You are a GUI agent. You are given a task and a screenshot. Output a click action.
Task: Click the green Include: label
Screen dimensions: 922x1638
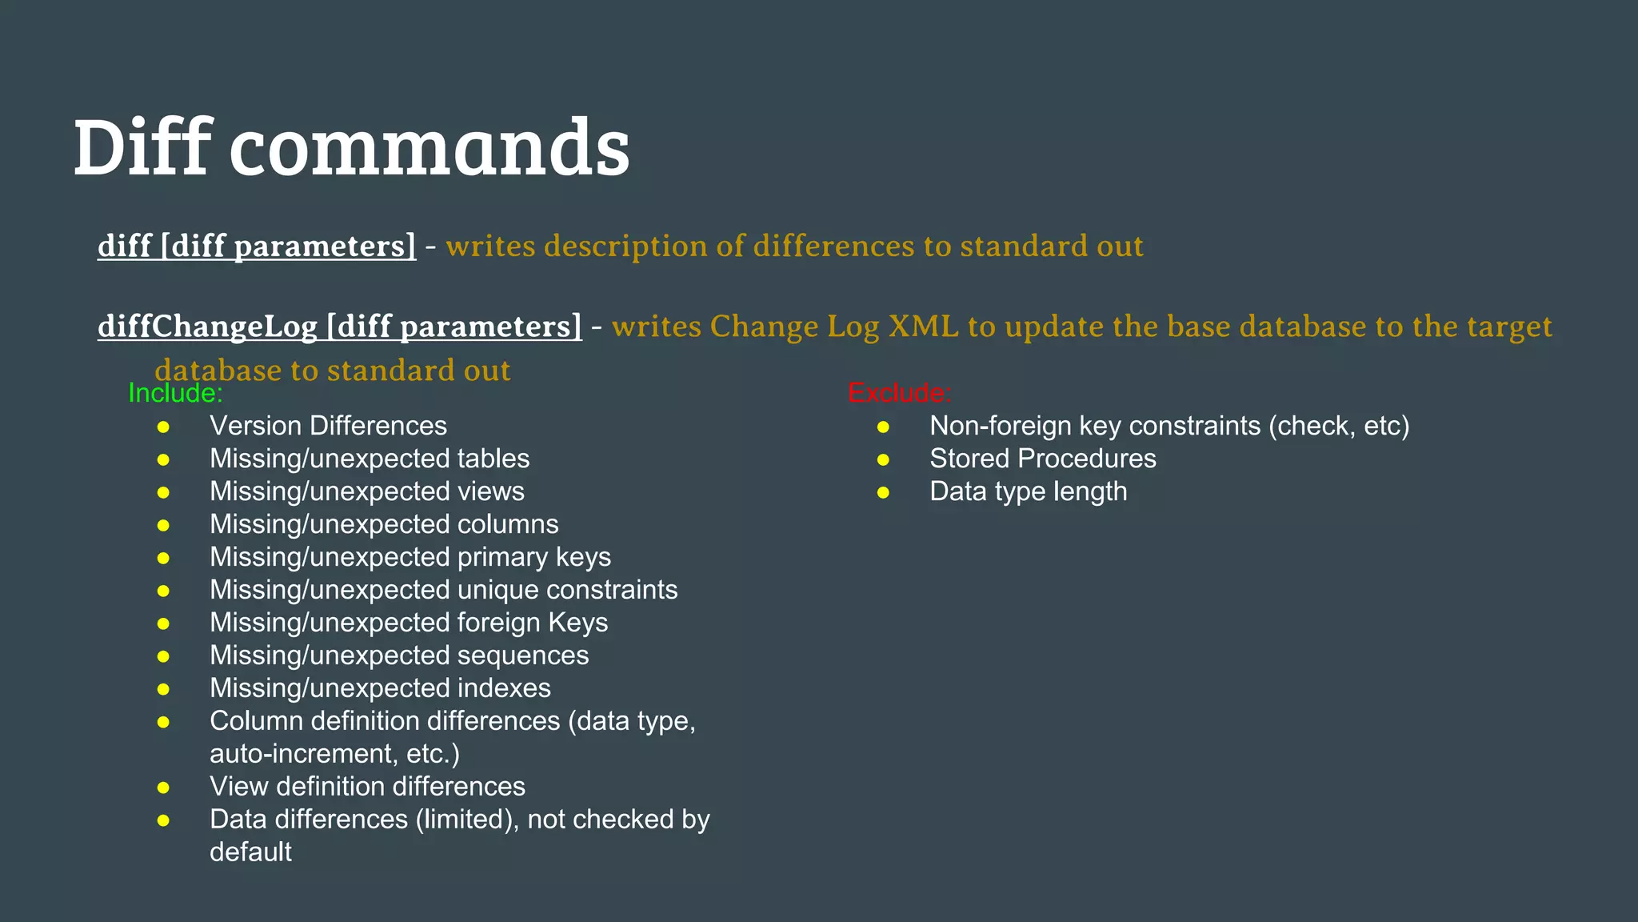click(x=175, y=393)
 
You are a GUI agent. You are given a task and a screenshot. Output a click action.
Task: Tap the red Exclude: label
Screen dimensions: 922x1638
click(x=899, y=393)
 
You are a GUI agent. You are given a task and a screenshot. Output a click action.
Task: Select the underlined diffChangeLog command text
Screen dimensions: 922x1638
click(x=340, y=327)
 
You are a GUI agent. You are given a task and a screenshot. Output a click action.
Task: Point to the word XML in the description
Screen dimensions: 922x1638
click(x=923, y=327)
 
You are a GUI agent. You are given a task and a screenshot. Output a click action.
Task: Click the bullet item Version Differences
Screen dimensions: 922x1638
click(x=328, y=426)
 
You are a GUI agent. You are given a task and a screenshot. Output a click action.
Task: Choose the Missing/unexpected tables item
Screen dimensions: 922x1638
click(x=370, y=459)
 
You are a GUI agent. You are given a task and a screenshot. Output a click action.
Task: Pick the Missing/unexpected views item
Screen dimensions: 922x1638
click(x=367, y=491)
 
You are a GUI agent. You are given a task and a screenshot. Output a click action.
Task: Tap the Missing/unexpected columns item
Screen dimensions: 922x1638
click(x=384, y=524)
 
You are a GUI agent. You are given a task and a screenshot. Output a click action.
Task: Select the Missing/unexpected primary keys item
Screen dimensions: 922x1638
click(x=410, y=557)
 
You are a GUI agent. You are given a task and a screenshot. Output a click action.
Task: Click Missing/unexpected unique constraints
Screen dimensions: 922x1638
click(x=443, y=590)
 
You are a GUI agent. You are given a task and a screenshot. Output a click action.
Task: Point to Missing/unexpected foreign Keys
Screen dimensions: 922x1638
click(x=409, y=623)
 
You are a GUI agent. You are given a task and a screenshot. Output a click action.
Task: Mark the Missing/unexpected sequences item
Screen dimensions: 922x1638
click(x=399, y=655)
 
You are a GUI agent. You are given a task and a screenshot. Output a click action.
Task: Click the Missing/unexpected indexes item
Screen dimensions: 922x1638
click(x=380, y=688)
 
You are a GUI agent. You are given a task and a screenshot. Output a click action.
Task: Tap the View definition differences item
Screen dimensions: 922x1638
click(x=367, y=787)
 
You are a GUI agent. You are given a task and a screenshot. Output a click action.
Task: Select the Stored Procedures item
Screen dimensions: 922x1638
click(x=1043, y=459)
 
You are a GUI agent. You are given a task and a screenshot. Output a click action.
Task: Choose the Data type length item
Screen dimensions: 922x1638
click(x=1029, y=491)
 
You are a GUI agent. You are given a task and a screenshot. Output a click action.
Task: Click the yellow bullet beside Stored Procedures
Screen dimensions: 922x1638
click(x=883, y=460)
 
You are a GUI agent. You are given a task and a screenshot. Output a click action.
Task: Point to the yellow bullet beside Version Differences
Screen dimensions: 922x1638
click(x=163, y=427)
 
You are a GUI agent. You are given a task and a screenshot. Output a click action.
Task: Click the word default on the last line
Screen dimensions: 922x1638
click(x=250, y=852)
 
